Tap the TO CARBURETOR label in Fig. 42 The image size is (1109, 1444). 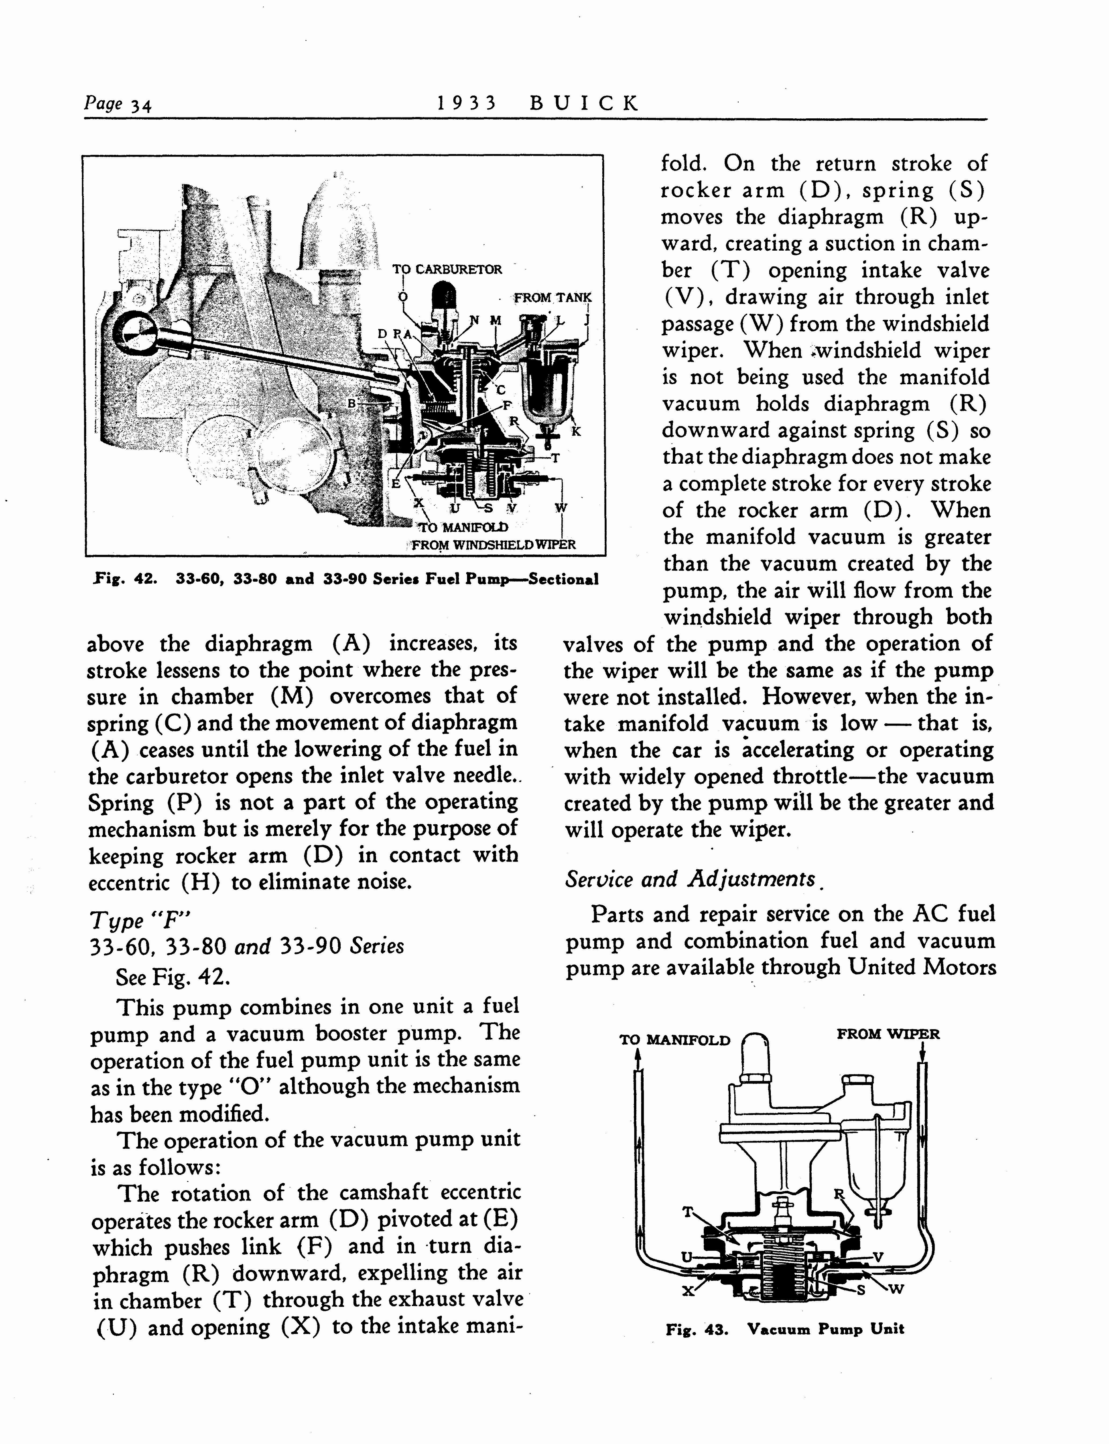pos(447,269)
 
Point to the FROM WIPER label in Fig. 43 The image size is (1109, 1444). pos(888,1034)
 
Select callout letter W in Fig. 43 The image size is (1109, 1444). pos(896,1290)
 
